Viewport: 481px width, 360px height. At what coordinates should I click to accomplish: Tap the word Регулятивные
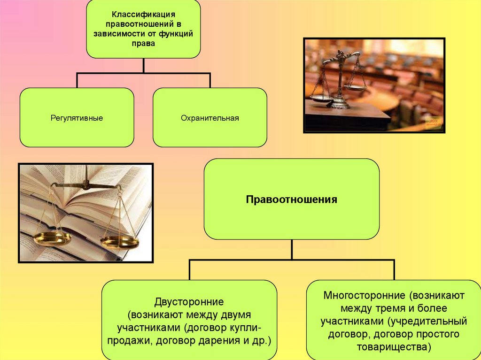[77, 118]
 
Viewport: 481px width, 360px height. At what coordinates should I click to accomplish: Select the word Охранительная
[210, 118]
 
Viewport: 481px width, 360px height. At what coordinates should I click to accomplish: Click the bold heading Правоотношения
[291, 199]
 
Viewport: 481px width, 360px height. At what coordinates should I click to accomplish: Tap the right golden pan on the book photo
[119, 242]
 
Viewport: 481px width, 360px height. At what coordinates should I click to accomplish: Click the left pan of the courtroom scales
[321, 98]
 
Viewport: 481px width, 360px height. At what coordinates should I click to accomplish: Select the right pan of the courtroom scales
[355, 87]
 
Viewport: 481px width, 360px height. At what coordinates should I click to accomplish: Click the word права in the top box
[143, 44]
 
